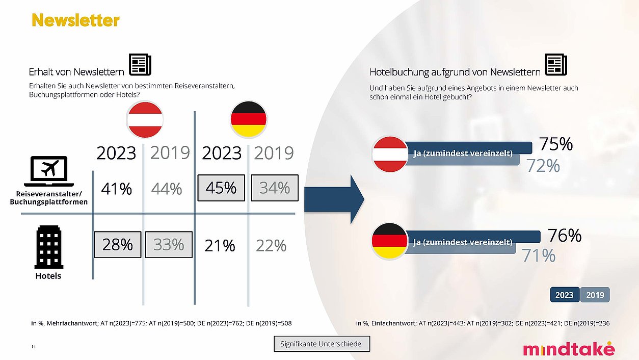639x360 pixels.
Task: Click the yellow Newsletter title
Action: tap(75, 20)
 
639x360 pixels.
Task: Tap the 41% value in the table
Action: tap(116, 189)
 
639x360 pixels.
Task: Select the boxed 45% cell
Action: tap(221, 188)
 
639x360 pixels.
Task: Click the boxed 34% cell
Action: tap(275, 188)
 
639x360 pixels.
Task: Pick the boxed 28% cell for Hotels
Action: tap(118, 245)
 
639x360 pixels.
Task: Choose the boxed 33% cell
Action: tap(169, 245)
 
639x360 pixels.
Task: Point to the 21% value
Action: tap(220, 246)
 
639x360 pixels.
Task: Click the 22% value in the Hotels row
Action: tap(271, 246)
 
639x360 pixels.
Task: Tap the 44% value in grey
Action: tap(167, 189)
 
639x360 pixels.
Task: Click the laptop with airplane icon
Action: tap(49, 171)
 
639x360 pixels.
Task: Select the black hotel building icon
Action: tap(49, 247)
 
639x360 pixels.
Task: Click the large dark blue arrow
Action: tap(334, 199)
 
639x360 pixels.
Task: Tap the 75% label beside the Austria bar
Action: tap(556, 144)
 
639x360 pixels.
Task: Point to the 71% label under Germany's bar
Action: tap(539, 255)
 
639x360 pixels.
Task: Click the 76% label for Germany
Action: tap(565, 236)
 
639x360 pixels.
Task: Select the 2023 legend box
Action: tap(565, 295)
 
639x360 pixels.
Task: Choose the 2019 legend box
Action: tap(595, 295)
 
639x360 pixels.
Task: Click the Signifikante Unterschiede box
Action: tap(322, 344)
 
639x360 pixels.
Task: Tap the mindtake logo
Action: tap(569, 349)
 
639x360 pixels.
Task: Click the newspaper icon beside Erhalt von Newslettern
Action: tap(140, 65)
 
